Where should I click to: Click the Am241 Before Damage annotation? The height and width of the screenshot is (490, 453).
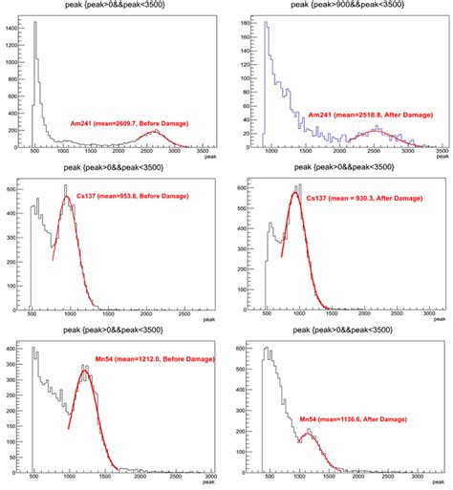coord(127,123)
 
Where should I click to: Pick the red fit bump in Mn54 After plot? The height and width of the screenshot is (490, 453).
coord(309,435)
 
